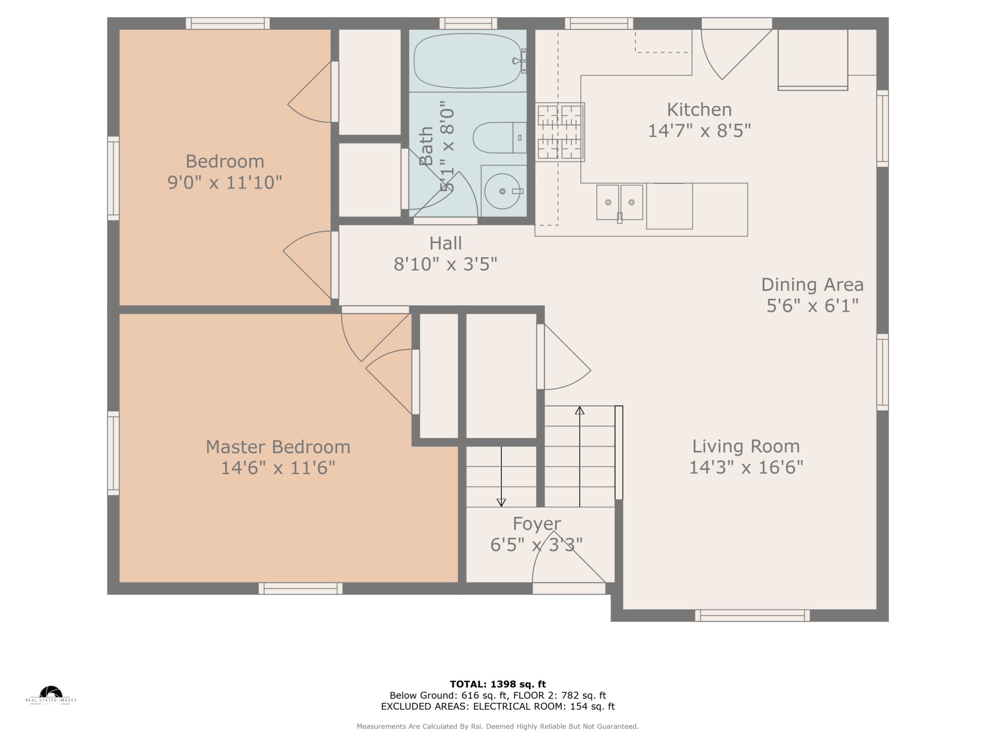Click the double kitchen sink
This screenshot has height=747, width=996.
point(620,202)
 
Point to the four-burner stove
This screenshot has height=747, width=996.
point(560,132)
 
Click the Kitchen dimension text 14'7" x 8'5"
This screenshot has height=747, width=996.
point(699,131)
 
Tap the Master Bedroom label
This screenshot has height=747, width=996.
point(278,447)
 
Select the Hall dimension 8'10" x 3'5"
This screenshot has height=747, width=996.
point(445,264)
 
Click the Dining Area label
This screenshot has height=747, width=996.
point(812,285)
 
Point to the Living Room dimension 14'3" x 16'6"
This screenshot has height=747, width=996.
point(746,467)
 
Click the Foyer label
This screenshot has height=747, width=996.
point(536,524)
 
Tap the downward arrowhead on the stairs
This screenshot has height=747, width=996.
point(501,503)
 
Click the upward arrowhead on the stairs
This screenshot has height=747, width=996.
point(579,410)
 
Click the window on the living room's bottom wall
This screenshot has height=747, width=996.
point(752,616)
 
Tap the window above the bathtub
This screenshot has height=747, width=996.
point(468,23)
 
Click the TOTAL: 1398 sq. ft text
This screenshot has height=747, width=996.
point(498,684)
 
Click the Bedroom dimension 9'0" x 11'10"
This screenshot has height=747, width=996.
point(225,183)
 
